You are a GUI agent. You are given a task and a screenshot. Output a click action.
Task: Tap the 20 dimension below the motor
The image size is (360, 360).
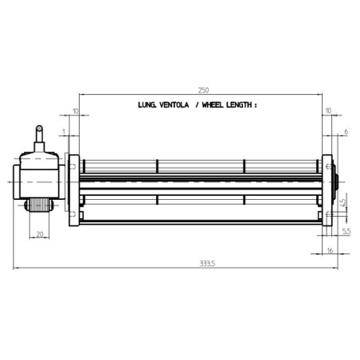40,234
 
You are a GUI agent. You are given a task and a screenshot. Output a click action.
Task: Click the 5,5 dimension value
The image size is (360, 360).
346,230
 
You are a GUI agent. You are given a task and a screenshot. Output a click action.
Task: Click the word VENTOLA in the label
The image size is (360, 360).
171,104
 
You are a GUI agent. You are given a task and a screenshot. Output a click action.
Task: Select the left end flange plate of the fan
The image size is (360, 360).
72,190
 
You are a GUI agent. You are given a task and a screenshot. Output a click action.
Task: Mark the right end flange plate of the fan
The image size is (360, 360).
327,190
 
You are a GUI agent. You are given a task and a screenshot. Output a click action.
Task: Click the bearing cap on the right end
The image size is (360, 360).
335,182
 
